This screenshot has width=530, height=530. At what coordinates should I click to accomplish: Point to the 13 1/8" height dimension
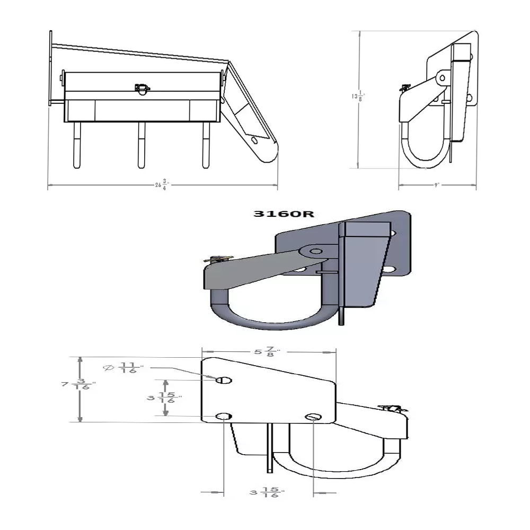pos(359,96)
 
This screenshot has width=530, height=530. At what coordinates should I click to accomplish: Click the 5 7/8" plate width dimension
pos(270,351)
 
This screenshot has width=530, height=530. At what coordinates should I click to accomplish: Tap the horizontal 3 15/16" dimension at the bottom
pos(267,493)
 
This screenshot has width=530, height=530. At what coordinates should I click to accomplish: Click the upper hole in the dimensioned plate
pos(224,379)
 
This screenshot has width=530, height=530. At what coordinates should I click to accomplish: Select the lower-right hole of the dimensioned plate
pos(313,417)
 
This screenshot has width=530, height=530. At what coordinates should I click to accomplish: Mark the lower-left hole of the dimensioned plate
pos(224,417)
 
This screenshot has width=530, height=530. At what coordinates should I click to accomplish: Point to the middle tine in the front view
pos(142,145)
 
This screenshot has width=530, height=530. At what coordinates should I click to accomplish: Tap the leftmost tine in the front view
pos(77,145)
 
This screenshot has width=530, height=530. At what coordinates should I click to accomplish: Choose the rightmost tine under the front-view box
pos(206,145)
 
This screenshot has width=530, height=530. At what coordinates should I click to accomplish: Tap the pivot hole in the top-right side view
pos(441,78)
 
